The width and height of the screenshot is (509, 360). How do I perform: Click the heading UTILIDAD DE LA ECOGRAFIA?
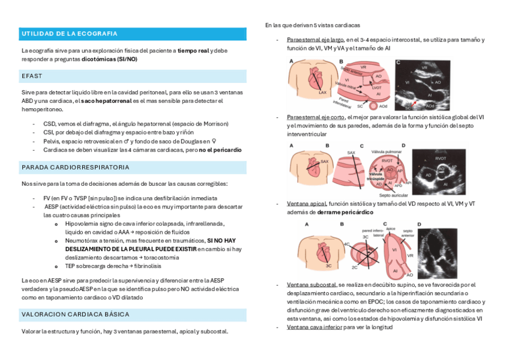coord(69,34)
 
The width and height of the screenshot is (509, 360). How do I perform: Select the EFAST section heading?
coord(31,76)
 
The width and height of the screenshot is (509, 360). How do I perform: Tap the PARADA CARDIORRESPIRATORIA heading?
coord(75,166)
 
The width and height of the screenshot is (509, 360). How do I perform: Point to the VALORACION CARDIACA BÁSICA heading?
coord(75,314)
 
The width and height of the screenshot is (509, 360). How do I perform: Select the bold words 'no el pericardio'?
coord(220,149)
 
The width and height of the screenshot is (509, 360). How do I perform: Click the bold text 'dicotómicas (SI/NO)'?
coord(109,59)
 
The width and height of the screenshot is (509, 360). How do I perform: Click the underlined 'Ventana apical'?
coord(307,204)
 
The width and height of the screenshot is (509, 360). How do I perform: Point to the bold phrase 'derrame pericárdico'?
coord(345,212)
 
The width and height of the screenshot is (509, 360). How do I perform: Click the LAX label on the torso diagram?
coord(322,93)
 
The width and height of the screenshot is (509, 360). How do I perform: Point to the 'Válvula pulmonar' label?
coord(387,153)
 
